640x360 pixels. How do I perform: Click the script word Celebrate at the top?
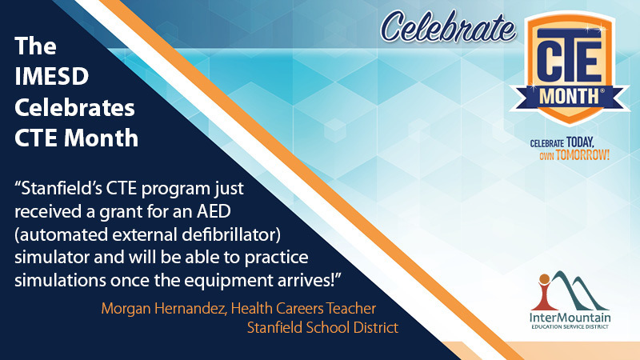[448, 27]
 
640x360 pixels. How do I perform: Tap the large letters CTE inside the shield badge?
[569, 58]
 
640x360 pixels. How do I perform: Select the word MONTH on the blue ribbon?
[570, 97]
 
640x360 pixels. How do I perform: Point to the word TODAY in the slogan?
[580, 142]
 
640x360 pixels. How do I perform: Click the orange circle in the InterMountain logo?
[544, 279]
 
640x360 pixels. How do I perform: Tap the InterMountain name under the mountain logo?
[570, 318]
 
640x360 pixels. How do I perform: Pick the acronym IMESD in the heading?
[51, 76]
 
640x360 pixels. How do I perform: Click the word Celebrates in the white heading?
[74, 108]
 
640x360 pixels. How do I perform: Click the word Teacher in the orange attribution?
[350, 309]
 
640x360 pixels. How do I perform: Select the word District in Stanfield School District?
[375, 328]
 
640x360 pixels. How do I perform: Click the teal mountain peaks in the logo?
[578, 290]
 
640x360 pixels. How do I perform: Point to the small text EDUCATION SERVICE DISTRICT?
[570, 327]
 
